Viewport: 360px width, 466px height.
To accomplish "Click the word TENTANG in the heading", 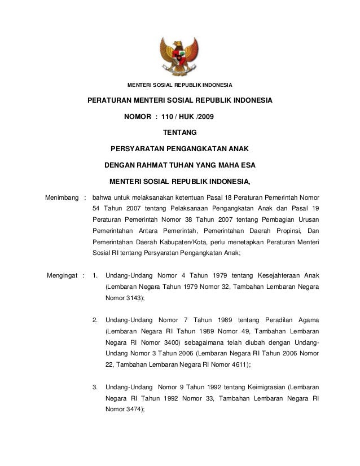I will click(x=179, y=133).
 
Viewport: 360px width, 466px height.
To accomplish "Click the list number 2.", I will click(x=94, y=319).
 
